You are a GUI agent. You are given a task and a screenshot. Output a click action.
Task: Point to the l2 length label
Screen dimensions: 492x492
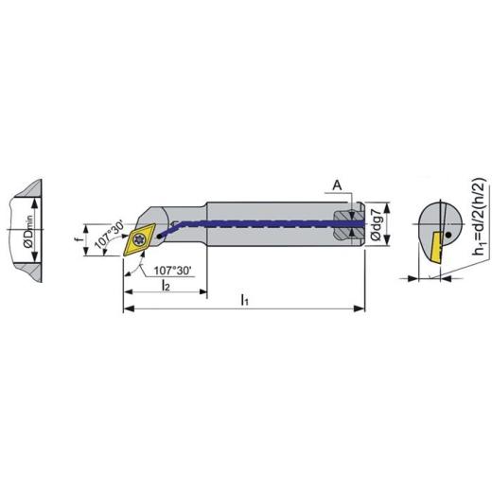pyautogui.click(x=165, y=285)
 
